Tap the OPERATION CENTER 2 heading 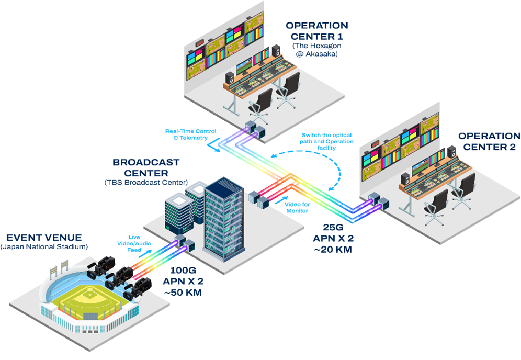(x=489, y=141)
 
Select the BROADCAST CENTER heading (x=146, y=168)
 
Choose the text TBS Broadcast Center (x=146, y=182)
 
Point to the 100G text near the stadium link (x=183, y=272)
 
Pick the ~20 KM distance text (x=333, y=250)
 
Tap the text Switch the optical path (x=327, y=138)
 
